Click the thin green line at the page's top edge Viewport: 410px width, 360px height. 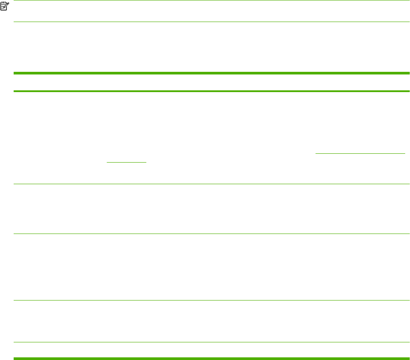point(211,0)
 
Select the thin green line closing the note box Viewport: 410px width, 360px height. point(211,22)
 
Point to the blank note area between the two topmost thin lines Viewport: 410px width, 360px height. point(211,11)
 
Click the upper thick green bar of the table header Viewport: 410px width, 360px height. point(211,73)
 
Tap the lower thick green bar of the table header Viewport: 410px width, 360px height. point(211,91)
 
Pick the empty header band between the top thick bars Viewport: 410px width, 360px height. point(211,82)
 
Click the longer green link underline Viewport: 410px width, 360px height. point(360,153)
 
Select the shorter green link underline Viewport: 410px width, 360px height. point(126,162)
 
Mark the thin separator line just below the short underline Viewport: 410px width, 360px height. point(211,184)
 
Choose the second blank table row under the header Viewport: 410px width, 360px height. point(211,208)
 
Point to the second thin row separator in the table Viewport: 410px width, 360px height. point(211,234)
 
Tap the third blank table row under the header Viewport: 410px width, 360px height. point(211,267)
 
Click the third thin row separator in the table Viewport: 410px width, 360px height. point(211,301)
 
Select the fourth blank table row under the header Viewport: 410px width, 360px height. point(211,321)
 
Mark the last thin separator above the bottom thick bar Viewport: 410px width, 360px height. point(211,342)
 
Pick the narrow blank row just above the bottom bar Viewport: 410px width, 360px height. point(211,350)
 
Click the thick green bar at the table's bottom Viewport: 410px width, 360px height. point(211,358)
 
